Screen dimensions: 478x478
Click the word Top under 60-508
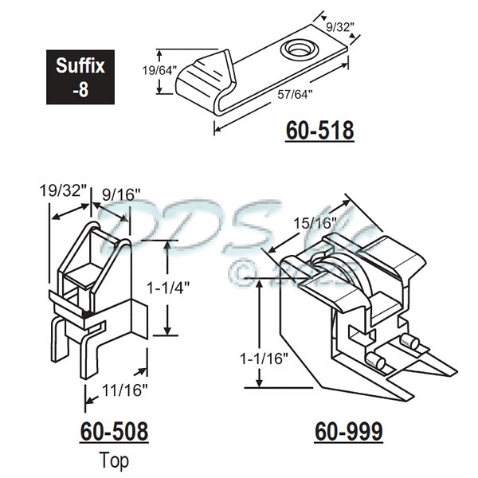(114, 460)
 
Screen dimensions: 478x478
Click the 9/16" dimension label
(121, 194)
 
